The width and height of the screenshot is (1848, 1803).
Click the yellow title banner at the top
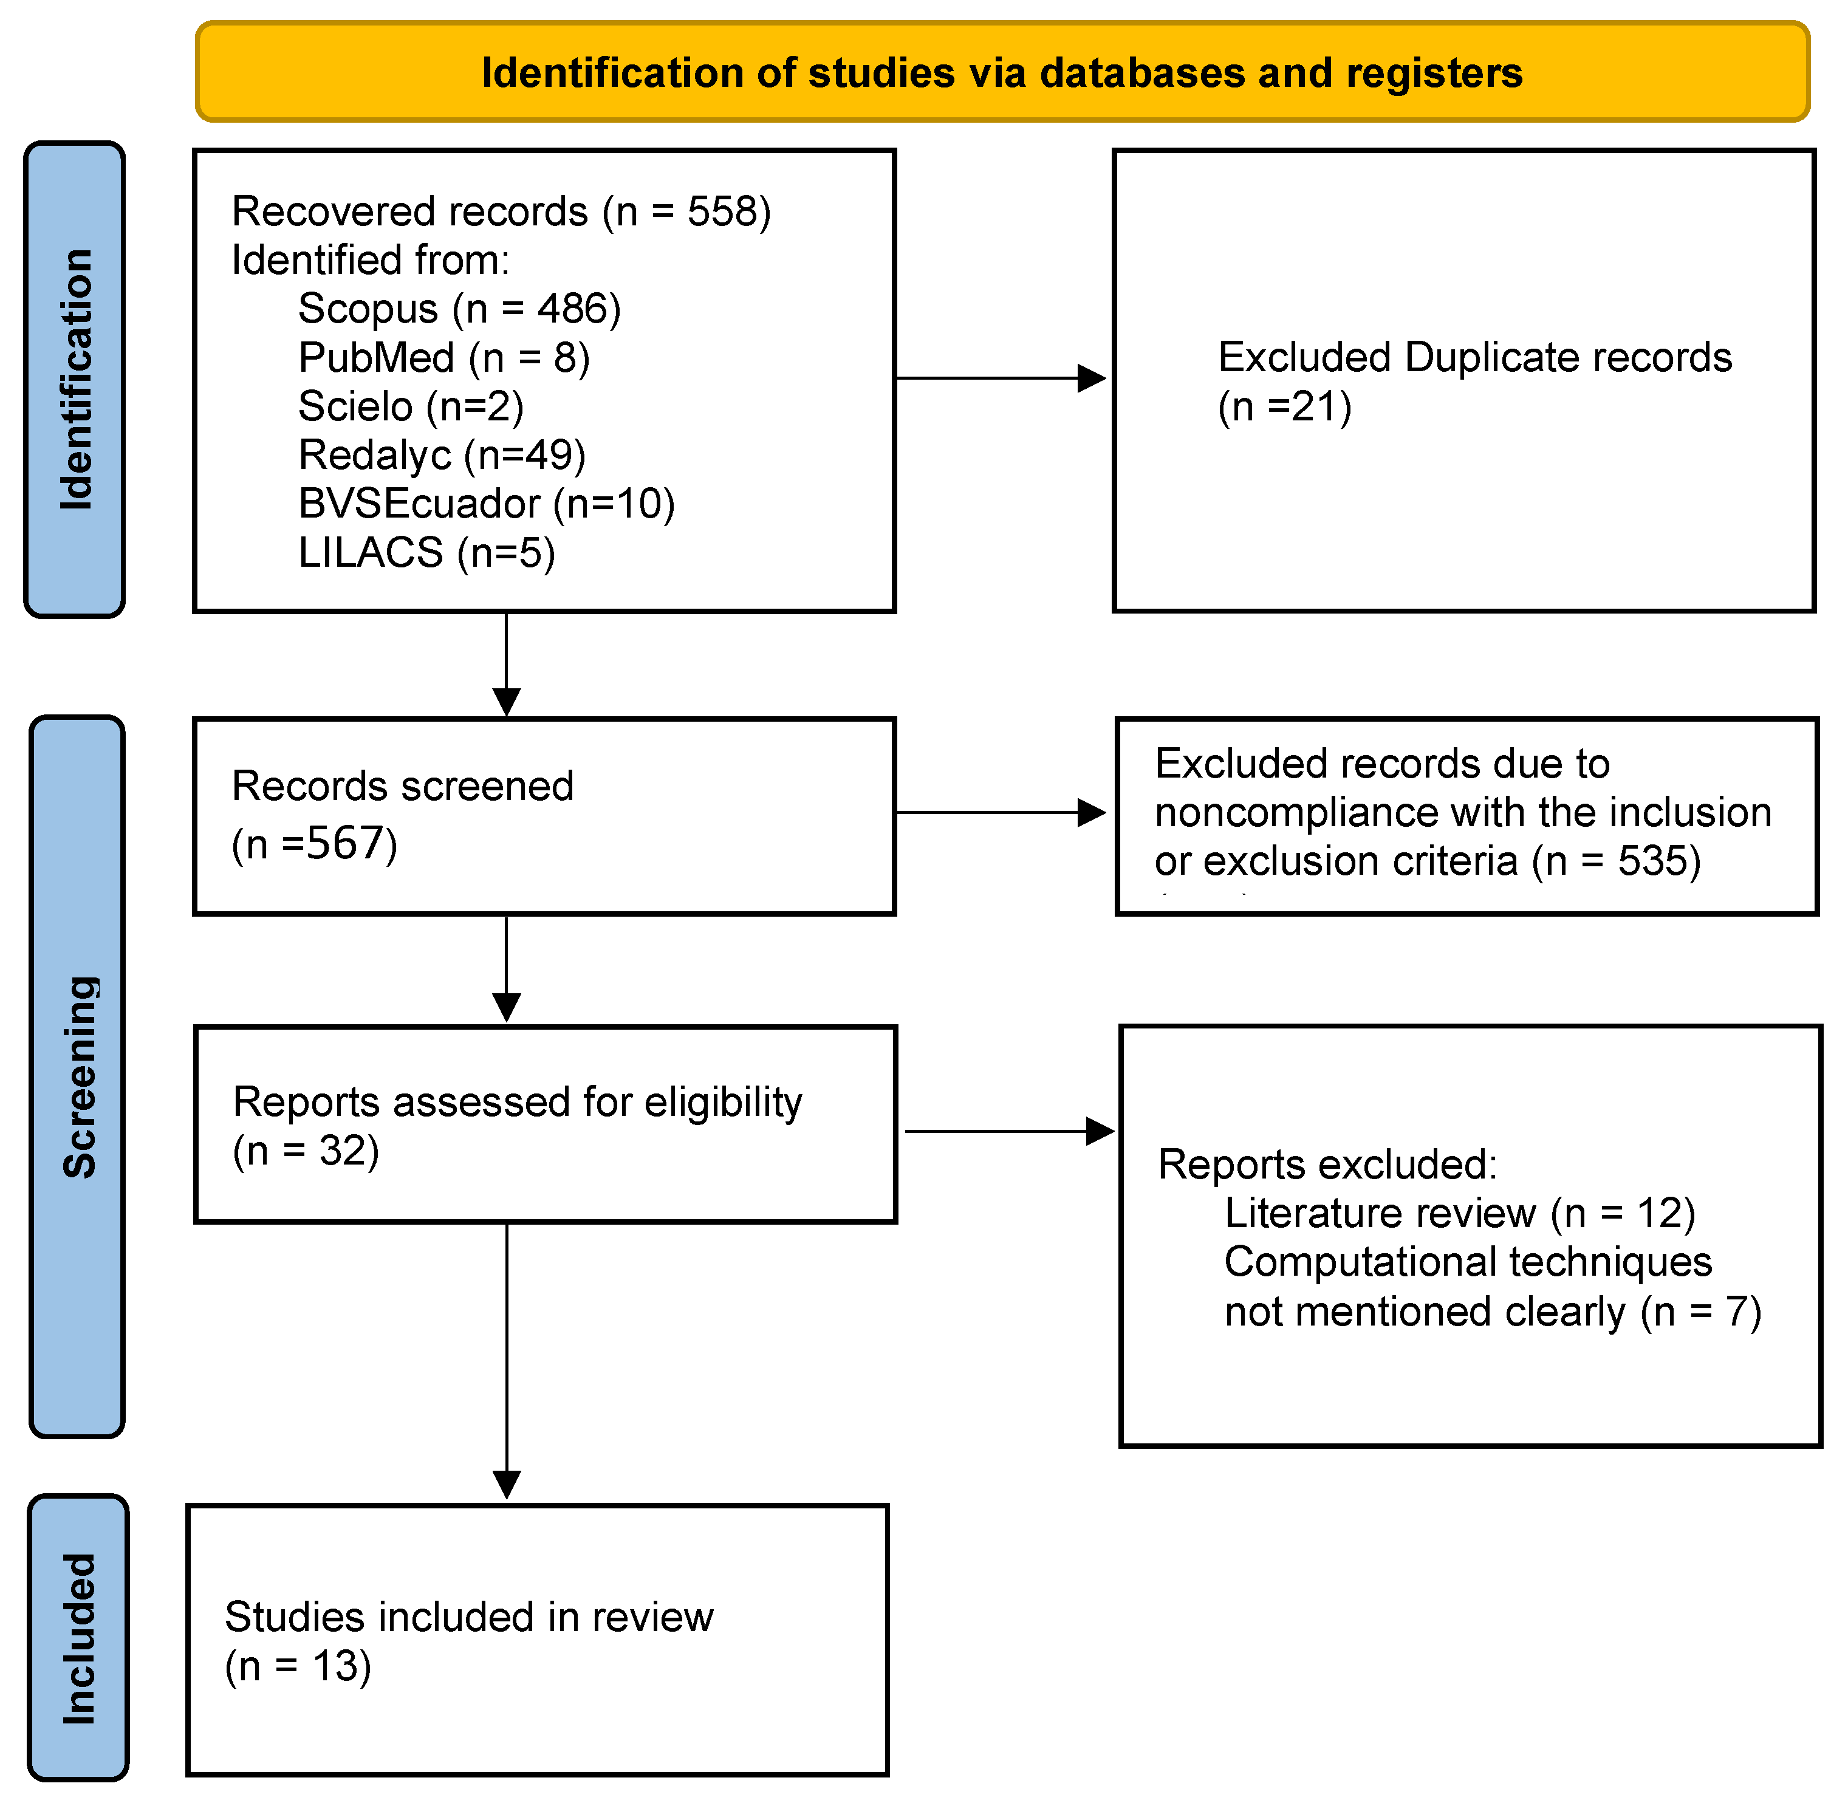click(x=1002, y=72)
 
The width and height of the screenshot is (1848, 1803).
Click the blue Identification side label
click(x=75, y=379)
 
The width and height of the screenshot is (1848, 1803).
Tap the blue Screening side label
click(x=78, y=1076)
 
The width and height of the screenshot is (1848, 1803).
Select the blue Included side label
click(x=78, y=1638)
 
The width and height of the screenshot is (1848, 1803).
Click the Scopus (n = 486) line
click(x=459, y=309)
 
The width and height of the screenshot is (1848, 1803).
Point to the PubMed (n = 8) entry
click(x=444, y=358)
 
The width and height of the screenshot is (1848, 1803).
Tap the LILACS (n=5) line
click(x=426, y=553)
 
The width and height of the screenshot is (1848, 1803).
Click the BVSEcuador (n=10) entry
click(x=487, y=504)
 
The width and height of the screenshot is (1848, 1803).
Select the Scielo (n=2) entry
click(x=411, y=406)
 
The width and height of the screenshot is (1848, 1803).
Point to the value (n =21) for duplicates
click(x=1284, y=407)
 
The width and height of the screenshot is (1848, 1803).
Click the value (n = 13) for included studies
click(x=298, y=1666)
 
